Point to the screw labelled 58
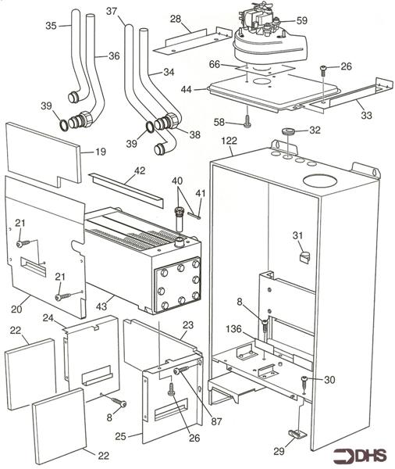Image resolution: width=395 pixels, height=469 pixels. pyautogui.click(x=247, y=121)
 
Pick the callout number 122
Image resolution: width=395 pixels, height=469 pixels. pyautogui.click(x=229, y=141)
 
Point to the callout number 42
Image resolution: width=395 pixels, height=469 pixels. pyautogui.click(x=140, y=170)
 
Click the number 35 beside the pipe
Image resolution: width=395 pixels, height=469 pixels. pyautogui.click(x=51, y=26)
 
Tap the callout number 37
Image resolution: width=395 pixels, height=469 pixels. pyautogui.click(x=111, y=12)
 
